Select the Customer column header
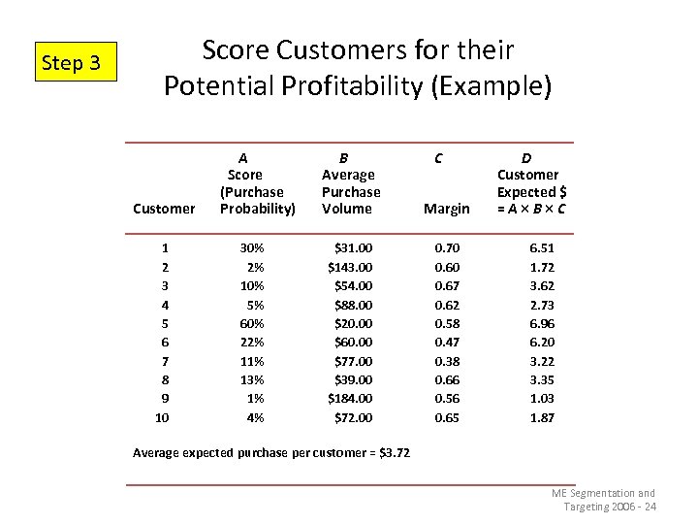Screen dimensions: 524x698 pos(163,209)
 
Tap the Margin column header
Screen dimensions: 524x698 pos(447,209)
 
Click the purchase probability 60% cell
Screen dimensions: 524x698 pos(252,323)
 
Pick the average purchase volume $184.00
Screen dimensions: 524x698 pos(350,398)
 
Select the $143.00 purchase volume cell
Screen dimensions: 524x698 pos(350,267)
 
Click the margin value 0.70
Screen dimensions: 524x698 pos(447,248)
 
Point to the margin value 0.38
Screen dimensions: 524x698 pos(447,361)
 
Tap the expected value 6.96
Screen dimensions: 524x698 pos(542,323)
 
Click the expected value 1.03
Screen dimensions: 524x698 pos(542,398)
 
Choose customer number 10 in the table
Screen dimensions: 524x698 pos(162,417)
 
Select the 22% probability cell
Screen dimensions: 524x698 pos(252,342)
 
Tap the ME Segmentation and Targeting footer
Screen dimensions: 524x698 pos(603,500)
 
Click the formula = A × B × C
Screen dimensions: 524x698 pos(531,209)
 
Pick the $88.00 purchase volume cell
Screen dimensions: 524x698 pos(353,305)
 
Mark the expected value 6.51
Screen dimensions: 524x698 pos(542,248)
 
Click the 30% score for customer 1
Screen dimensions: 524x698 pos(252,248)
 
